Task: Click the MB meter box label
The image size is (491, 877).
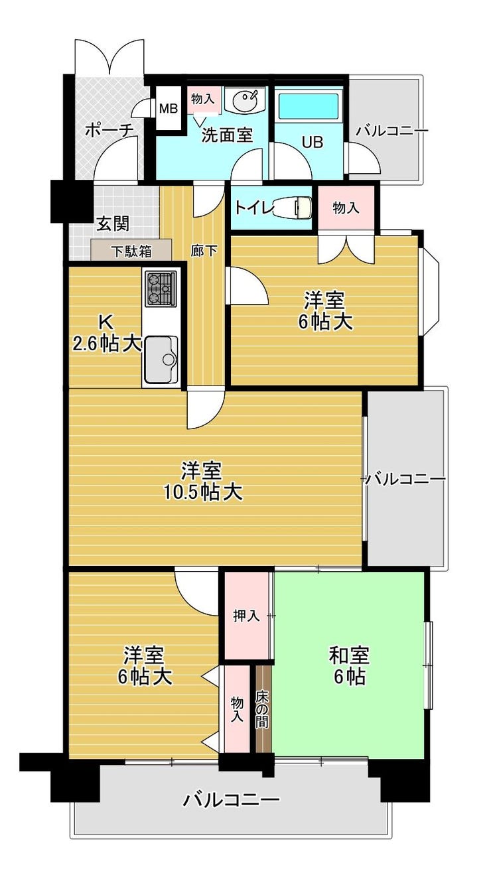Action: (x=169, y=108)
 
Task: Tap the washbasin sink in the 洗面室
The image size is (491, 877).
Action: (x=245, y=100)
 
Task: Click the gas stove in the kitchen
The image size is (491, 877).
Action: (x=161, y=289)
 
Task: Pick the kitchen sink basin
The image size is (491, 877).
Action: (x=161, y=360)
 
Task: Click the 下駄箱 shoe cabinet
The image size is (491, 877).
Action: (x=131, y=250)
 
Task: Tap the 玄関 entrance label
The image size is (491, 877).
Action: (x=113, y=224)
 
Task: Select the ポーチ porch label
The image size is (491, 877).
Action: (x=109, y=131)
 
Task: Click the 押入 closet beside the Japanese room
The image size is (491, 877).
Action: (x=246, y=616)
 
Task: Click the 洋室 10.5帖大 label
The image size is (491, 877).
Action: (x=202, y=482)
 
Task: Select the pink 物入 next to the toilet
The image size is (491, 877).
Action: (x=346, y=208)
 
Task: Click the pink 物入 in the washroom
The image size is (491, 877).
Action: (x=203, y=100)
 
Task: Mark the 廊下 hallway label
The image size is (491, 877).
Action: (x=204, y=250)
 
